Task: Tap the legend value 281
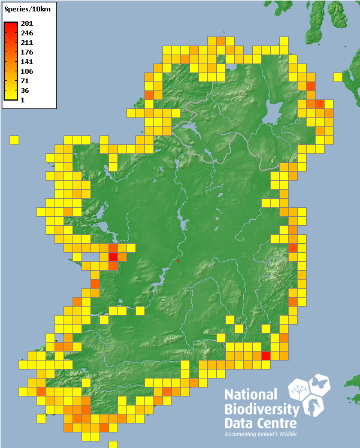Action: coord(26,23)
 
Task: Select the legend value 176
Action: coord(26,52)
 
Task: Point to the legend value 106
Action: coord(26,71)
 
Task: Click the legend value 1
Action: coord(23,100)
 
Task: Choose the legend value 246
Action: coord(26,33)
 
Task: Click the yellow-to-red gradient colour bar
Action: coord(10,60)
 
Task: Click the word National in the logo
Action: coord(251,395)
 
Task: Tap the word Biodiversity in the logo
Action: coord(261,409)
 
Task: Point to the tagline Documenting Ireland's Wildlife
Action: coord(261,434)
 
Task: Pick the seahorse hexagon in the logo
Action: coord(313,407)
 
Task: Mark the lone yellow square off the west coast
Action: coord(14,140)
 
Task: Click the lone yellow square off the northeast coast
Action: coord(338,77)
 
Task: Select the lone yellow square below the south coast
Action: coord(113,444)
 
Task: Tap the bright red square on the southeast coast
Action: coord(266,356)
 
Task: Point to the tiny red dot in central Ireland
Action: coord(179,261)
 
